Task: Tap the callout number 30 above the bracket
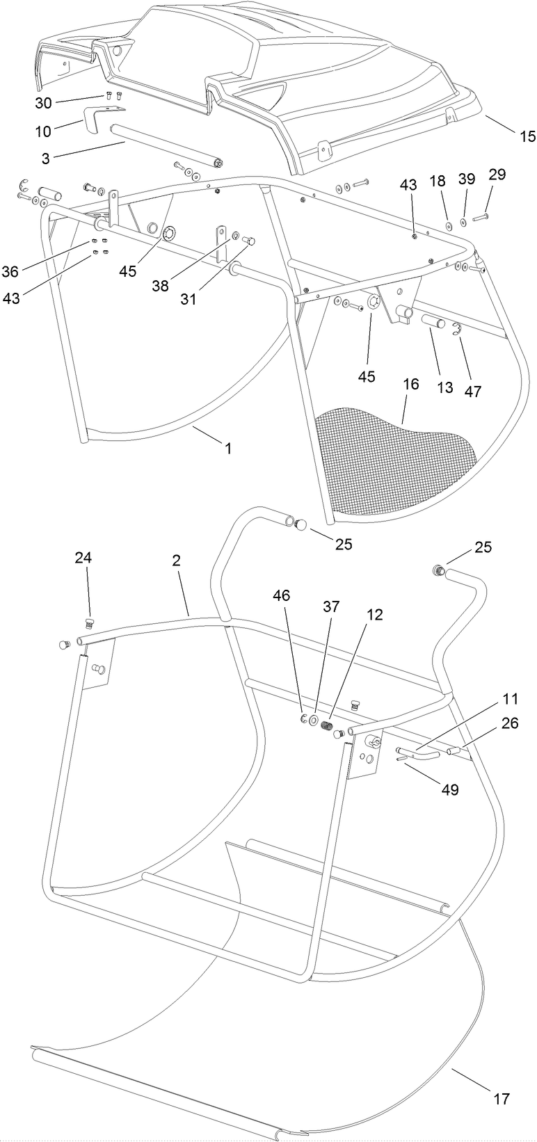(44, 102)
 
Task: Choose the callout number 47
(473, 391)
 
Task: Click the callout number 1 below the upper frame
(227, 449)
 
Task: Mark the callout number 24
(83, 558)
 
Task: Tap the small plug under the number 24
(88, 602)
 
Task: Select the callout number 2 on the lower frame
(177, 561)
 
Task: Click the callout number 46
(282, 595)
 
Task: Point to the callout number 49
(450, 790)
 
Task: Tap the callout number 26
(510, 724)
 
